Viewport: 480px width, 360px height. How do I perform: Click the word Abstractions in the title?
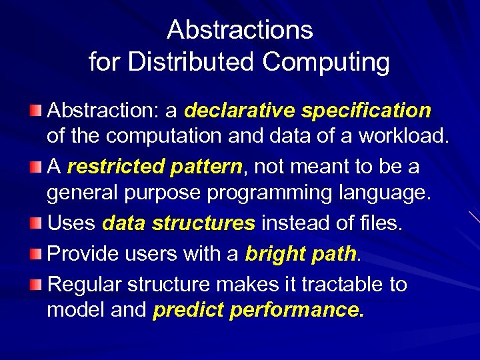click(x=239, y=30)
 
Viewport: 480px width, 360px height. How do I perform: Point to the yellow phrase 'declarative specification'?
click(x=308, y=109)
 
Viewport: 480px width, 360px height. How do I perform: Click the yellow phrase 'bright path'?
click(x=301, y=254)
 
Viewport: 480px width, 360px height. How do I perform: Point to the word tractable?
click(x=336, y=285)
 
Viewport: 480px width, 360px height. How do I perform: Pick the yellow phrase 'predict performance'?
click(x=258, y=311)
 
